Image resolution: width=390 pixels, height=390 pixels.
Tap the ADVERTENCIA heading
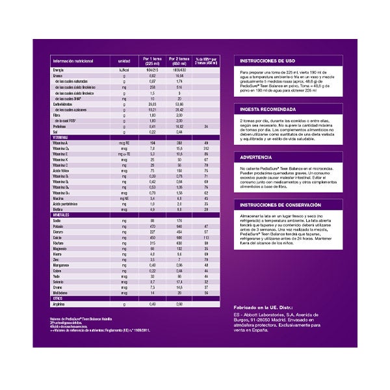(x=255, y=157)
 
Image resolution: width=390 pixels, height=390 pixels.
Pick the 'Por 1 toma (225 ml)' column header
(x=152, y=60)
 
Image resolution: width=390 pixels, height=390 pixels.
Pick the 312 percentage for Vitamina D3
(x=205, y=149)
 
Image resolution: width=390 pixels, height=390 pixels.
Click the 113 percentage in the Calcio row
(x=205, y=237)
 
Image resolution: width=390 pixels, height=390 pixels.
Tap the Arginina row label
(x=60, y=304)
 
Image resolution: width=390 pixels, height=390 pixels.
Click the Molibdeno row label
(x=62, y=292)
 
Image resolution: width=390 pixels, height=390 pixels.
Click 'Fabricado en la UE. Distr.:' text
(x=265, y=305)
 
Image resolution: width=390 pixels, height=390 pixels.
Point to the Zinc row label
(x=58, y=259)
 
